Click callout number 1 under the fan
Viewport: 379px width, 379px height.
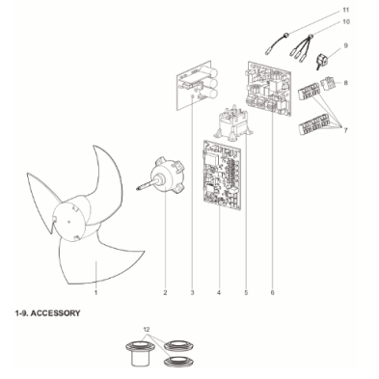point(95,292)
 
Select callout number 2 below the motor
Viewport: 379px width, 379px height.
point(165,292)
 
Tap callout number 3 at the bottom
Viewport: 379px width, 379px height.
point(192,292)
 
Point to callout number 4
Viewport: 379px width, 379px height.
point(219,292)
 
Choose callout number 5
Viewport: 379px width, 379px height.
point(246,292)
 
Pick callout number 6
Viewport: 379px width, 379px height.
point(273,292)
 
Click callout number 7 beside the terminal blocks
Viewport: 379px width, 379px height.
point(345,130)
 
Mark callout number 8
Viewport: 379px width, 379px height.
point(345,83)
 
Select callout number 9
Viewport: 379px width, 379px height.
point(345,45)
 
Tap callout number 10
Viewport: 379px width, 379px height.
point(346,22)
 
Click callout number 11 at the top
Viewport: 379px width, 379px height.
point(345,10)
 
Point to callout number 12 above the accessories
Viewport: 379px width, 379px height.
point(147,330)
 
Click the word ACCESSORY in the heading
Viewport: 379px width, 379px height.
point(56,313)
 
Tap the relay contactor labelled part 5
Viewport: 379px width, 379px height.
point(233,123)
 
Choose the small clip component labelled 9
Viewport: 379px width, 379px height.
point(322,61)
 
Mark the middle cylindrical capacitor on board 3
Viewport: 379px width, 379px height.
point(211,83)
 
